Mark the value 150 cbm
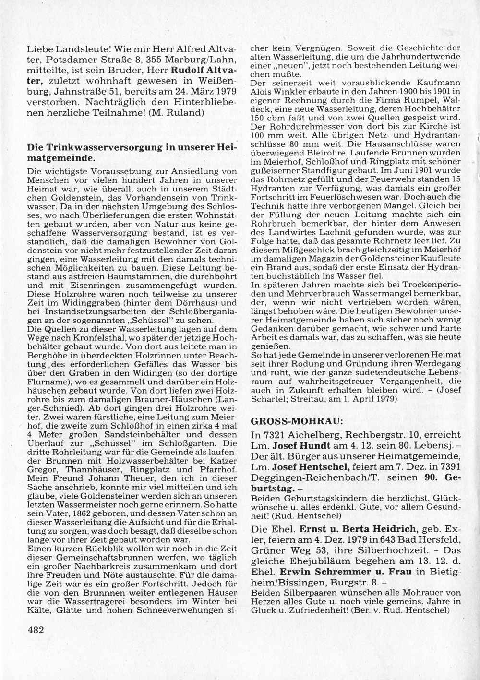[264, 118]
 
